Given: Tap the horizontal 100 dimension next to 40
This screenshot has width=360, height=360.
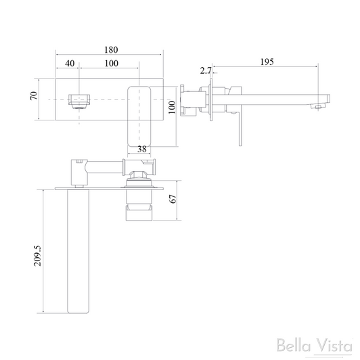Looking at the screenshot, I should [x=112, y=63].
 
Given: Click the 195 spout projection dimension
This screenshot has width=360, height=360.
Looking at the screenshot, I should [x=267, y=62].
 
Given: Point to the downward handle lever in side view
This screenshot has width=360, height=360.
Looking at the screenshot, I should [x=238, y=125].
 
